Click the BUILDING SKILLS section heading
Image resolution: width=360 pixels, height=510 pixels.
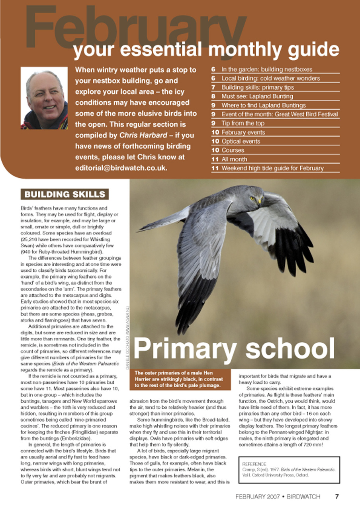click(x=65, y=194)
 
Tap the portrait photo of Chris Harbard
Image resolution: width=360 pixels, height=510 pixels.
click(x=44, y=98)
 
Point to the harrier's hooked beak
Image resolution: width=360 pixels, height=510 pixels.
click(x=260, y=201)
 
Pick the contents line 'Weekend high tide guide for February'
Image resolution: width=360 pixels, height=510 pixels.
click(x=272, y=168)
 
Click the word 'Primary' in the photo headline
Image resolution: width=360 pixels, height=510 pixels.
click(x=185, y=349)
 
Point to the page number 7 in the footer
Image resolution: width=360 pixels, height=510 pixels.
click(x=337, y=496)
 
